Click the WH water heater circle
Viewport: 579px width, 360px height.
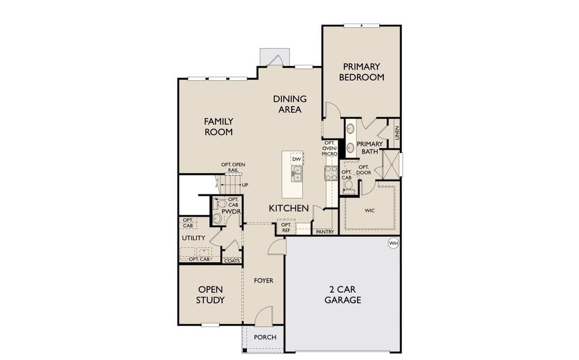[394, 243]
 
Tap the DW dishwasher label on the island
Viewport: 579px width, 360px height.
[296, 158]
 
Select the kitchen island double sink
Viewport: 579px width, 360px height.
[296, 175]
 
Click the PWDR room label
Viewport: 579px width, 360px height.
[230, 212]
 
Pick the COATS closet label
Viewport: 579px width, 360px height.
[232, 260]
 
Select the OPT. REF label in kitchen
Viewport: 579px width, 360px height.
[286, 227]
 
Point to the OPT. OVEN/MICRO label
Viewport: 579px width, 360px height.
[330, 149]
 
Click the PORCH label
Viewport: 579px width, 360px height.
[265, 337]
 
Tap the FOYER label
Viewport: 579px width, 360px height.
[263, 280]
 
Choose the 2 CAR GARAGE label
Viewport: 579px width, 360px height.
[343, 295]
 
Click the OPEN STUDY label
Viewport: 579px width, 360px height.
[211, 295]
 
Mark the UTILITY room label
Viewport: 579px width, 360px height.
[193, 238]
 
